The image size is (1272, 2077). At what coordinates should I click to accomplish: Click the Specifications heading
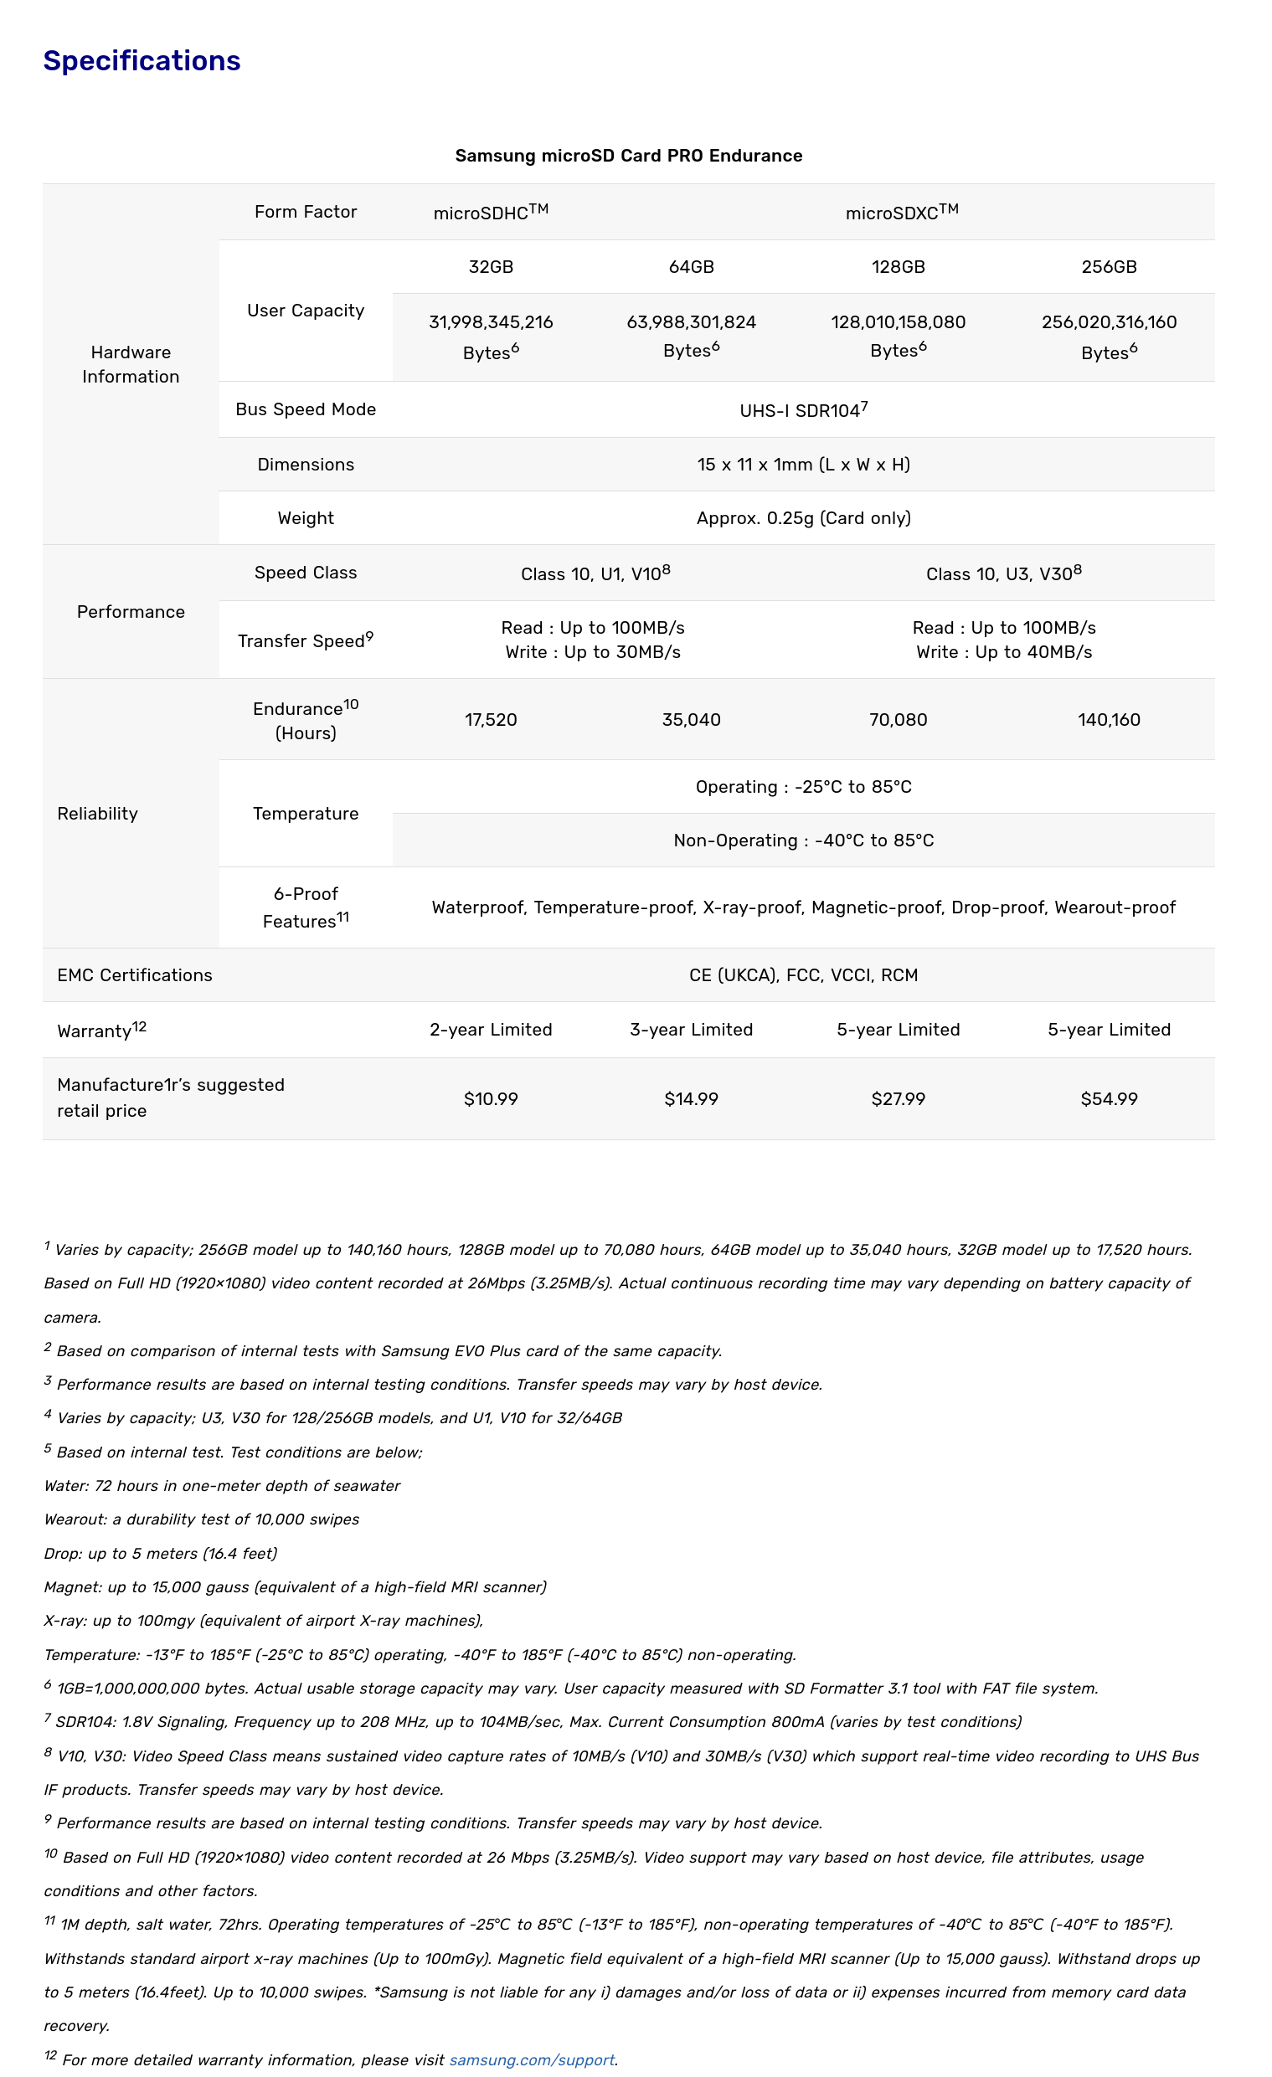coord(142,60)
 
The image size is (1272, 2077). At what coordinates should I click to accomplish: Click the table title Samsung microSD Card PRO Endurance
coord(628,156)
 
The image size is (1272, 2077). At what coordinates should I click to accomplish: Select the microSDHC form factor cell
coord(491,213)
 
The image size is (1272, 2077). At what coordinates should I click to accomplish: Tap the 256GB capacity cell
coord(1109,267)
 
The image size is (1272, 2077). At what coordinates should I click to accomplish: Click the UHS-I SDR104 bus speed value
coord(803,410)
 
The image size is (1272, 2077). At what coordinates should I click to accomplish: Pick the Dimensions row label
coord(305,465)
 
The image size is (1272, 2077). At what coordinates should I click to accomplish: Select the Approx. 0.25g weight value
coord(803,518)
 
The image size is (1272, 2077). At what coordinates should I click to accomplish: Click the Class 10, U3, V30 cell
coord(1003,574)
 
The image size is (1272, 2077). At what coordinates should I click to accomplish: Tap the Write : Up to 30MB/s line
coord(593,652)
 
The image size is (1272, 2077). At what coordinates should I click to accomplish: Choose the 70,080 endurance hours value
coord(898,720)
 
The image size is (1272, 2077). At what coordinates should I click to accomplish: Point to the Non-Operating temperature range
coord(803,841)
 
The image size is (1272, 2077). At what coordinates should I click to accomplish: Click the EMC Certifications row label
coord(135,975)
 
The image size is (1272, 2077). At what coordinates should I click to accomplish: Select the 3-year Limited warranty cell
coord(691,1030)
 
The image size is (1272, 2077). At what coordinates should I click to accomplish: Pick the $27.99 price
coord(898,1099)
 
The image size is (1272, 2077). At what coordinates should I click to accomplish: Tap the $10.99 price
coord(491,1099)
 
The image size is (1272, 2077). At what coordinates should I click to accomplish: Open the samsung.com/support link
coord(531,2059)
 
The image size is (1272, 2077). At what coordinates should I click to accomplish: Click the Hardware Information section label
coord(131,364)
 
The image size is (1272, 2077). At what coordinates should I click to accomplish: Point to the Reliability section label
coord(98,814)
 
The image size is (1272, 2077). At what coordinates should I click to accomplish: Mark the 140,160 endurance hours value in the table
coord(1109,720)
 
